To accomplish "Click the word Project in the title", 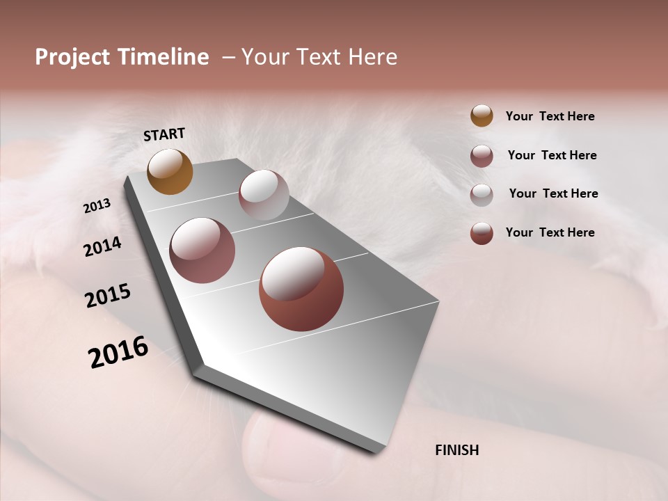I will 73,57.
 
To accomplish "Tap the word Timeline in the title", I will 163,57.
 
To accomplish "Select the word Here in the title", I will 373,57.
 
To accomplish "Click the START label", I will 164,134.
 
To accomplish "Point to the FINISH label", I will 456,450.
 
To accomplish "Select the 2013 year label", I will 97,206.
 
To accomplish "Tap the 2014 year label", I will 102,246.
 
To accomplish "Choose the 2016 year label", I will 118,353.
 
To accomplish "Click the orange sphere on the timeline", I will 170,171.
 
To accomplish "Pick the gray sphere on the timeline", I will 264,195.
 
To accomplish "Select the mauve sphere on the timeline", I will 202,250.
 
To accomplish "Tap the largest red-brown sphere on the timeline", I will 301,289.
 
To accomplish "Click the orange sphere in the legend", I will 482,116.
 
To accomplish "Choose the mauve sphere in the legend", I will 482,156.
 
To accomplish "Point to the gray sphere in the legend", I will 482,194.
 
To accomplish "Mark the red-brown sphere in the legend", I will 482,233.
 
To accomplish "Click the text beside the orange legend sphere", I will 550,116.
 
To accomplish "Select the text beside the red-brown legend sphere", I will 550,232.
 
